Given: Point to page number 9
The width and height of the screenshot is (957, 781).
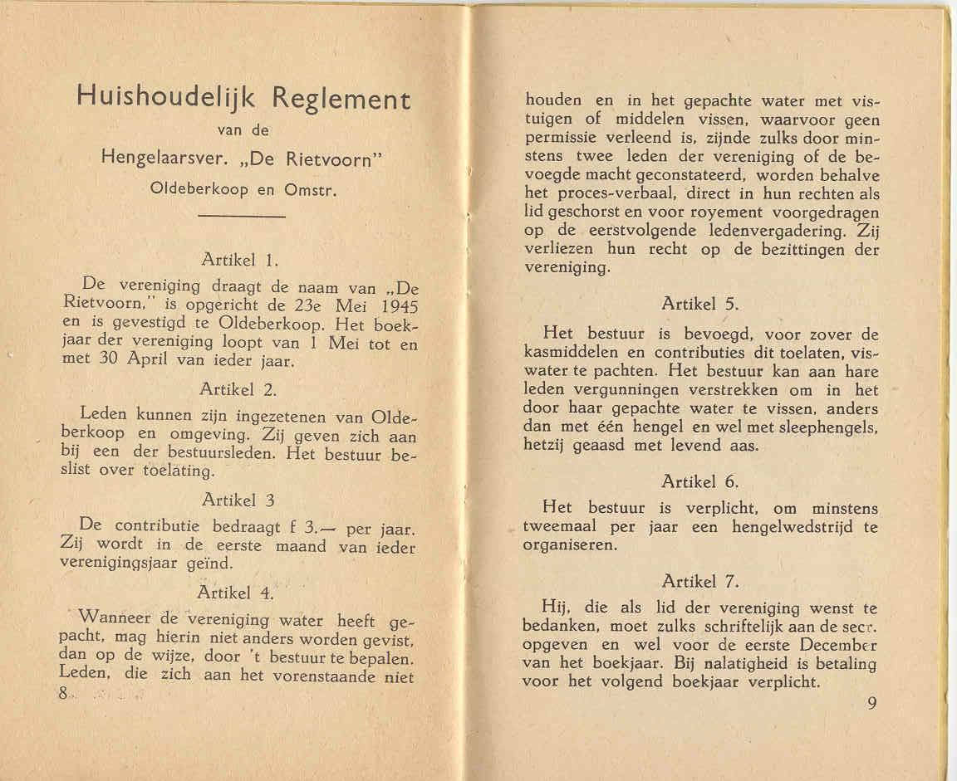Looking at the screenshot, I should click(x=872, y=704).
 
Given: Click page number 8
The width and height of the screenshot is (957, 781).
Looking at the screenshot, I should click(x=63, y=696).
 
